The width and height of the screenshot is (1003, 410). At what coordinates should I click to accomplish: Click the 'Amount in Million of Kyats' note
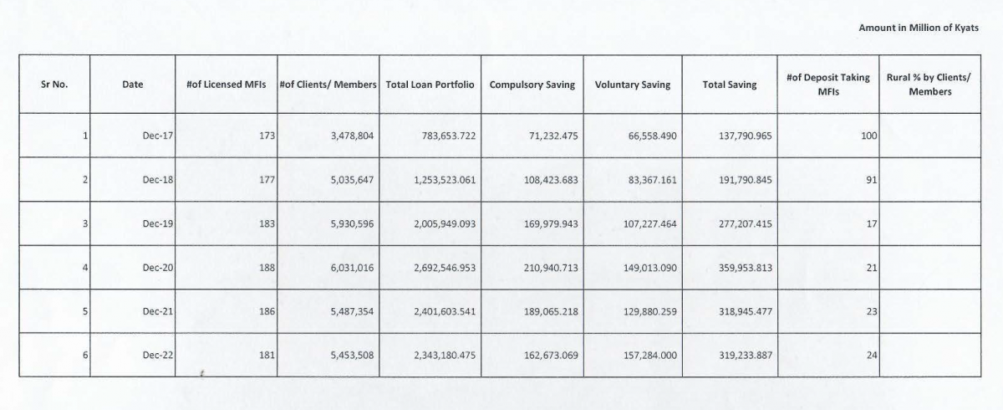click(919, 28)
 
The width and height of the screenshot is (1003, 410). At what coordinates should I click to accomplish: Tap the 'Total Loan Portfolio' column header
click(430, 85)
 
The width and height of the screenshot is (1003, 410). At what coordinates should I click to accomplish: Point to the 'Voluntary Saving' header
click(633, 85)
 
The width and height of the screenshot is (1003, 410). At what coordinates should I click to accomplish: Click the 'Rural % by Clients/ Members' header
click(929, 85)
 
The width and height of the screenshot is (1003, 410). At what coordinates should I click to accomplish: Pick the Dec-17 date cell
click(158, 136)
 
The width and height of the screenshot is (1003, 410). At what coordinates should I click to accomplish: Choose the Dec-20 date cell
click(158, 268)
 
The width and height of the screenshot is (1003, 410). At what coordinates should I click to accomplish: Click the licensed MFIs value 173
click(267, 136)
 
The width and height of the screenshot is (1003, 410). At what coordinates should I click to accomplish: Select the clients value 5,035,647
click(352, 180)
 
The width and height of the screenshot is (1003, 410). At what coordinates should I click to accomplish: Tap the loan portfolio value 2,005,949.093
click(445, 223)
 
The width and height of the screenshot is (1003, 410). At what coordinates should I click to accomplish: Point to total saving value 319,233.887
click(746, 356)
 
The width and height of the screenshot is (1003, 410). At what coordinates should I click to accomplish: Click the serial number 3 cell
click(85, 223)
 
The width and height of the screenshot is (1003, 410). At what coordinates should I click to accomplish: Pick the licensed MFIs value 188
click(267, 268)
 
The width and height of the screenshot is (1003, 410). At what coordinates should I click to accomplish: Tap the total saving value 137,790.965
click(746, 136)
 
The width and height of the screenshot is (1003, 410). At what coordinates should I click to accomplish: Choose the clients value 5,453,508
click(352, 356)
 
